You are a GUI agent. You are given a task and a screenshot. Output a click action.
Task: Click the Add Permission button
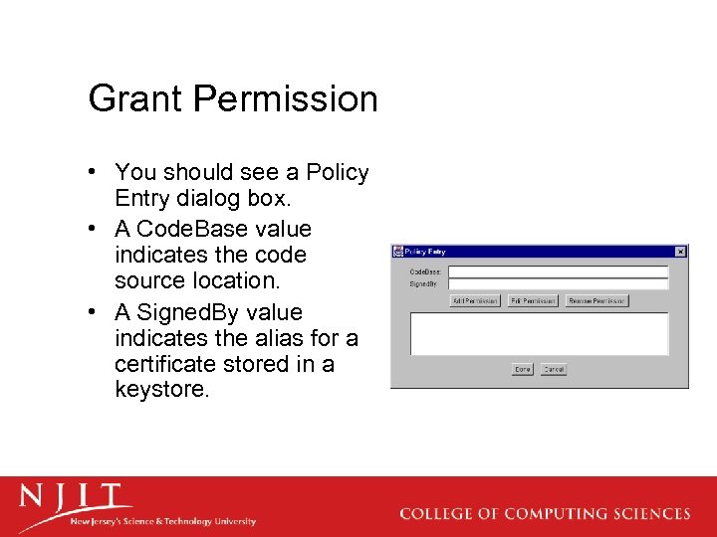pos(475,300)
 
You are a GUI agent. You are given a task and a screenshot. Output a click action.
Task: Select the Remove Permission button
pos(597,300)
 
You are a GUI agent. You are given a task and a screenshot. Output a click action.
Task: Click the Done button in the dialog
pos(523,369)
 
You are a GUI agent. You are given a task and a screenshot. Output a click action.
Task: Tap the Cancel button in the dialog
pos(554,369)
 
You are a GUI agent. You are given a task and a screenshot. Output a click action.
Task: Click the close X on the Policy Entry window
pos(680,252)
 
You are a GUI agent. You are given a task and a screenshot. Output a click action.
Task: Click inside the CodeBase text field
pos(558,270)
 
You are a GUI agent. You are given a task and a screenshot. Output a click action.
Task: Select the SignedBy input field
pos(558,283)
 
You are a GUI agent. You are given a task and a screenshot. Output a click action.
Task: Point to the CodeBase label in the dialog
pos(425,270)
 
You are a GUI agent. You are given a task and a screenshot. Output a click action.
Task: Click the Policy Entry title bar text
pos(426,252)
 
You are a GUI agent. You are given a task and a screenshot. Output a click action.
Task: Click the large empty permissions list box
pos(539,333)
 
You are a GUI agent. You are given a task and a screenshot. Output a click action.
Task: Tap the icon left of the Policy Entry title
pos(397,252)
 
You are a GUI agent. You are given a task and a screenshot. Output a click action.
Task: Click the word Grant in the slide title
pos(135,99)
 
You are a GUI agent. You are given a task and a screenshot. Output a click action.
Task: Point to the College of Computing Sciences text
pos(545,514)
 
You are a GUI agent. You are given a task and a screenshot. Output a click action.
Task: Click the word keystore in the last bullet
pos(161,390)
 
